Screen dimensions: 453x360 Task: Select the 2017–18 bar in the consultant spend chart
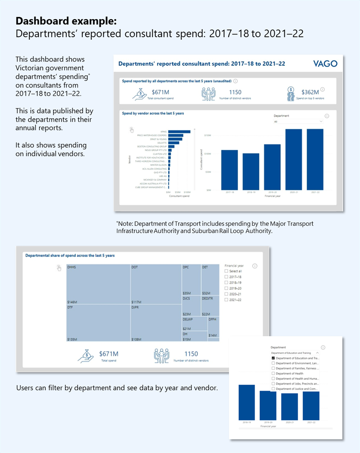[x=229, y=170]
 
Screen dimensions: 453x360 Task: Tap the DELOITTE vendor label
[x=161, y=143]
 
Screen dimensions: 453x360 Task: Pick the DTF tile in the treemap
[x=98, y=322]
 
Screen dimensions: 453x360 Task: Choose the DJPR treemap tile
[x=156, y=322]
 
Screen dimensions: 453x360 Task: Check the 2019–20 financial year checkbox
[x=226, y=288]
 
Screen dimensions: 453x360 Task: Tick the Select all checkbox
[x=226, y=271]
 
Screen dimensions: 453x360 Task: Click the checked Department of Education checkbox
[x=273, y=358]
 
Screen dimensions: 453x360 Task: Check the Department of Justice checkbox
[x=273, y=389]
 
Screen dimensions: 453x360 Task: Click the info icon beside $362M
[x=322, y=90]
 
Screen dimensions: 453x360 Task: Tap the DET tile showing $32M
[x=210, y=280]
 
